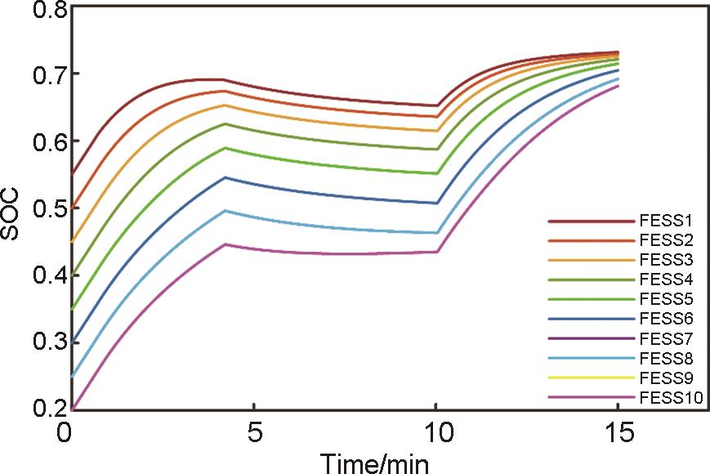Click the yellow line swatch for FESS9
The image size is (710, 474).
[591, 378]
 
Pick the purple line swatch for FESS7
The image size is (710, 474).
[591, 338]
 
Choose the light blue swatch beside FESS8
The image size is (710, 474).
[591, 358]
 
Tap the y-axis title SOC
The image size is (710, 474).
[12, 218]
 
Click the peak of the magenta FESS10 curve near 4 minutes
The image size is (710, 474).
[224, 244]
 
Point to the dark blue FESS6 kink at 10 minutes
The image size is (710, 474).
[437, 203]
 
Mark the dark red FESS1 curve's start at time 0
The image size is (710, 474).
[74, 173]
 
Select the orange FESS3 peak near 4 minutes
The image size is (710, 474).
[224, 105]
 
